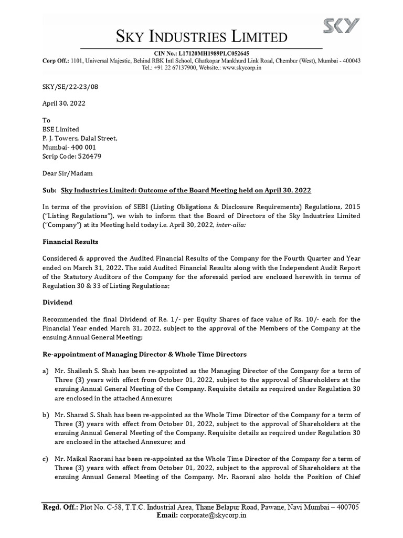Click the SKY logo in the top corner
click(x=341, y=26)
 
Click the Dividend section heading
click(x=57, y=303)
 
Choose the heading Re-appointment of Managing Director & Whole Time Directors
click(x=144, y=355)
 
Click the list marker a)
click(x=46, y=371)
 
